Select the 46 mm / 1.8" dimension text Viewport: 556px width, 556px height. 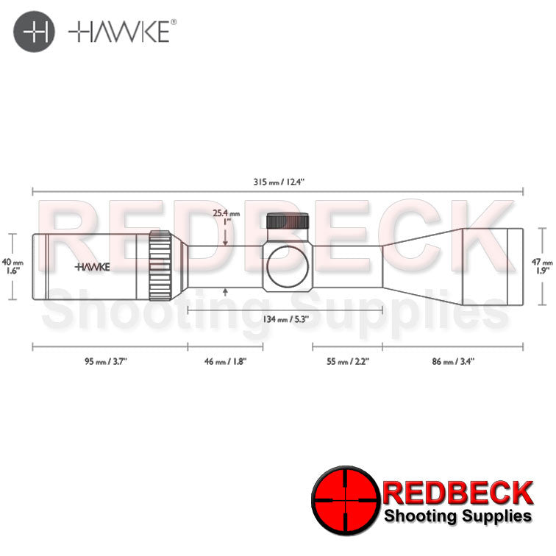pos(225,361)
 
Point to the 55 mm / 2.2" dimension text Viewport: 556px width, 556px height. pos(348,361)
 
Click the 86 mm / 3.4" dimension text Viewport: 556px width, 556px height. pos(453,361)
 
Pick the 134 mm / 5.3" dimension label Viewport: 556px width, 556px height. pos(285,319)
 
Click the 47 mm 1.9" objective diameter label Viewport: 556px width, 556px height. pos(543,265)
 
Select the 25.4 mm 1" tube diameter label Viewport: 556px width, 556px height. pos(225,218)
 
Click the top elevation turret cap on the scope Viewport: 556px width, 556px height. pos(288,221)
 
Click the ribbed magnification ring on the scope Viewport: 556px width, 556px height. pos(160,265)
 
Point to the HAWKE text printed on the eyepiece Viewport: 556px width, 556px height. pos(93,267)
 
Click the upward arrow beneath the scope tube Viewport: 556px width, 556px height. pos(225,293)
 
